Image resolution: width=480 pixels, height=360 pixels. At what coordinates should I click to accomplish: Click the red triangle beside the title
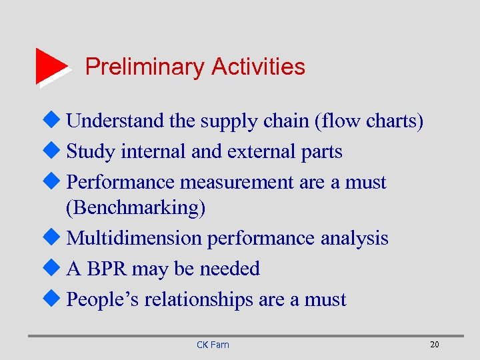(x=51, y=66)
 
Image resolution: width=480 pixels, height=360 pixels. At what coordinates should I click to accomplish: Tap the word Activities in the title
(x=258, y=67)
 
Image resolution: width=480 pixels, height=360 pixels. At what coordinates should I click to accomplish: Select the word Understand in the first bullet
(x=115, y=121)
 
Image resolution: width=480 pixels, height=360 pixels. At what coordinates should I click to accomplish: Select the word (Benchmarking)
(x=136, y=208)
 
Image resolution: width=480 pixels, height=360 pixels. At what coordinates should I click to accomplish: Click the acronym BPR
(x=107, y=269)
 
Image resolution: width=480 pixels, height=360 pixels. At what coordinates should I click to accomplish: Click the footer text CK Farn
(x=213, y=345)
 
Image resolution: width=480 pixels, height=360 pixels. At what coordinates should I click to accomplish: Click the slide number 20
(x=434, y=344)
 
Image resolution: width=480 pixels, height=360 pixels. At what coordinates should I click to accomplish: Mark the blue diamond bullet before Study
(x=57, y=151)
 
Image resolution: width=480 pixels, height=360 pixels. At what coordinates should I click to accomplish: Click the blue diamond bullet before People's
(x=57, y=299)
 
